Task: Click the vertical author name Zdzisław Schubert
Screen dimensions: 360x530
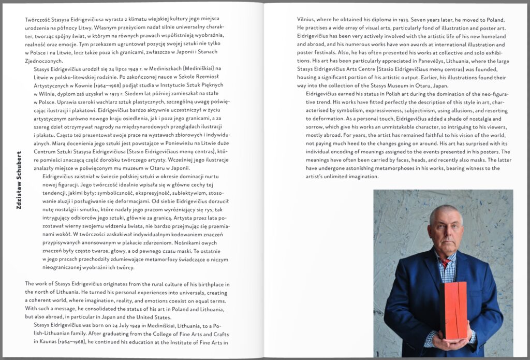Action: [x=19, y=180]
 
